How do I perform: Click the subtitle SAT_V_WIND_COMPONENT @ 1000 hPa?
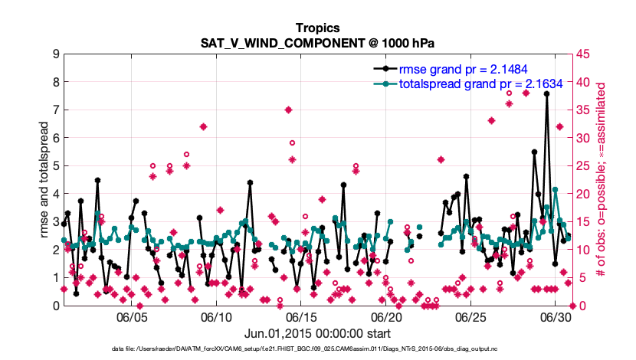point(318,42)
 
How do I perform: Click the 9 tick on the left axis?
point(56,54)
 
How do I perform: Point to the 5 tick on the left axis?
point(56,165)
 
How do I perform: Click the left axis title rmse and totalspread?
point(44,180)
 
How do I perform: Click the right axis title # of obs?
point(602,180)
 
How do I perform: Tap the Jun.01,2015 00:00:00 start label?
point(318,333)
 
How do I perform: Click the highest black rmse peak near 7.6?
point(546,93)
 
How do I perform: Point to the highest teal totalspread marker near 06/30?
point(555,189)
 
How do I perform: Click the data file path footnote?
point(318,349)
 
